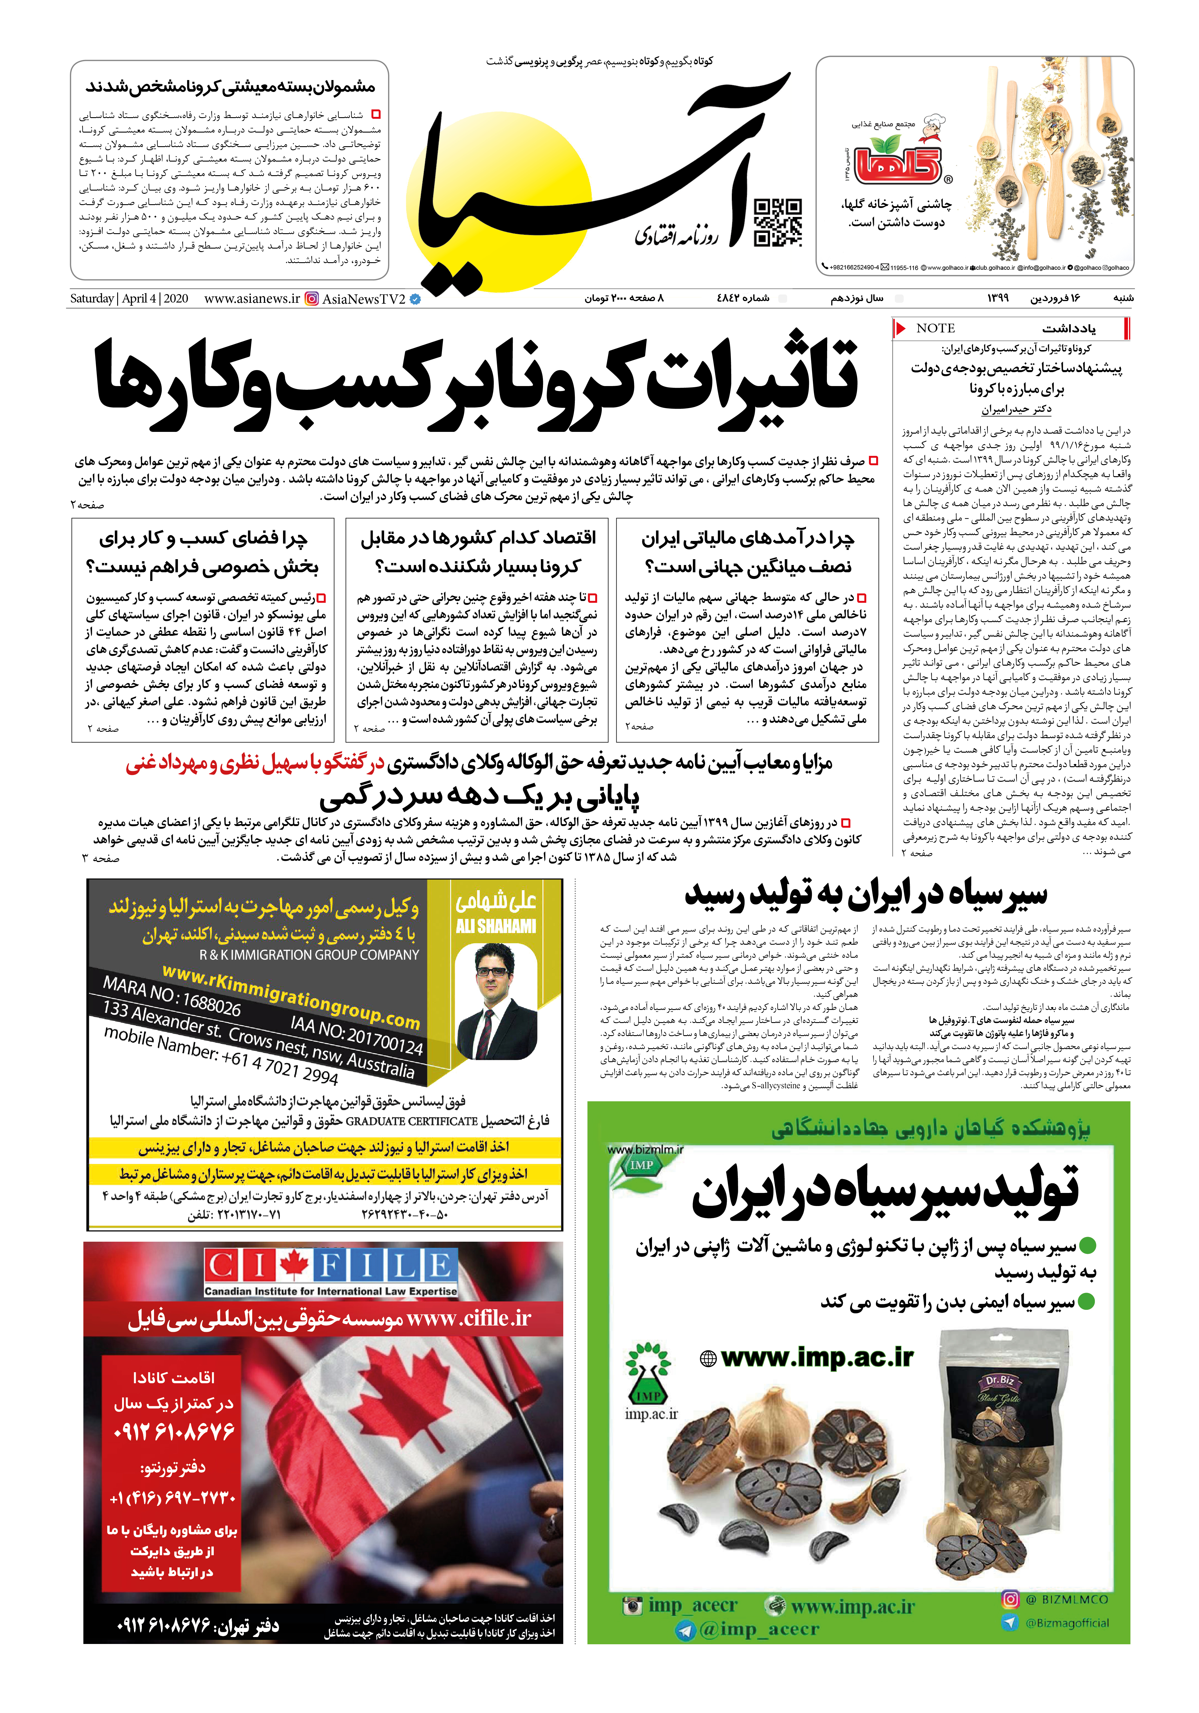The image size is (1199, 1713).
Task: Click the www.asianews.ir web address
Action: pos(251,298)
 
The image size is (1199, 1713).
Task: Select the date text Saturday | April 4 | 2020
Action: pos(129,298)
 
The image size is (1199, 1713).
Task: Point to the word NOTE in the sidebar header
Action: pos(936,328)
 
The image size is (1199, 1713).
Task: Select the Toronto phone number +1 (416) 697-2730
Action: pos(173,1497)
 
